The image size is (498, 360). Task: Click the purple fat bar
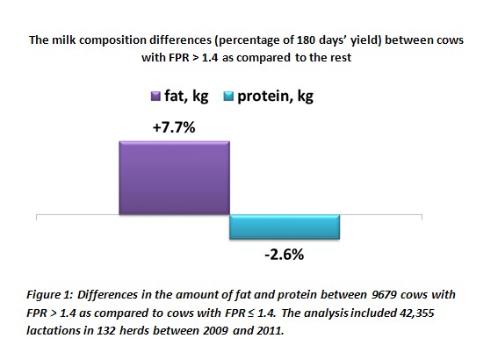click(175, 177)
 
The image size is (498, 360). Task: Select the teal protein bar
click(285, 227)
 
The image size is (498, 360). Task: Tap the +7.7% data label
click(174, 127)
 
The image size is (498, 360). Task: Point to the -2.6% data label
click(285, 255)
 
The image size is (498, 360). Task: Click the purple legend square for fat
click(155, 97)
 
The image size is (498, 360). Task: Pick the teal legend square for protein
click(228, 97)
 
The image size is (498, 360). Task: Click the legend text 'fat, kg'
click(186, 96)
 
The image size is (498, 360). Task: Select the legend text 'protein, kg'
click(276, 96)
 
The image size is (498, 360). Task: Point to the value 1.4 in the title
click(210, 58)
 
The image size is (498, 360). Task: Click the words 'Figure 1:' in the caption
click(50, 295)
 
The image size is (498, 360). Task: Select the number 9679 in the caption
click(384, 295)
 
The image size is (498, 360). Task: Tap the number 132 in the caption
click(107, 331)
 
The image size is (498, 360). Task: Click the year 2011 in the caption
click(271, 331)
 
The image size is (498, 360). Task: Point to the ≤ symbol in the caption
click(251, 313)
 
